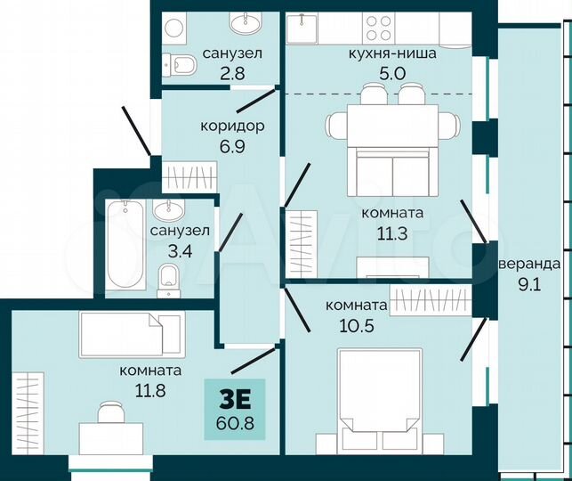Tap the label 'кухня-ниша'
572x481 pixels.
(x=392, y=53)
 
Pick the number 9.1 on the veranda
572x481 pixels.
(x=531, y=286)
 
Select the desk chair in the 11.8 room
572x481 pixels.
(x=110, y=412)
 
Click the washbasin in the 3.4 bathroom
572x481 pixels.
(x=166, y=211)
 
